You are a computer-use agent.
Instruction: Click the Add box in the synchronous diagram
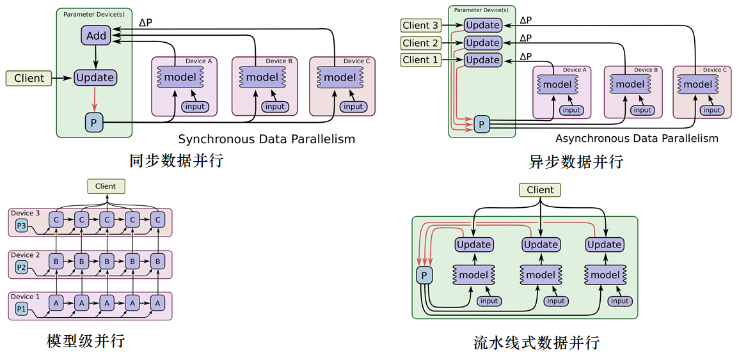[96, 36]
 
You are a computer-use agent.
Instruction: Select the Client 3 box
[420, 26]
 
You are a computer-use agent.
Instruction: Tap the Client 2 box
[420, 43]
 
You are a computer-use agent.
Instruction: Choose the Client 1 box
[420, 60]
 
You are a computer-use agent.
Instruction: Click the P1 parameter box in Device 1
[22, 309]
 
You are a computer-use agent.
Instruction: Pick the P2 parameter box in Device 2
[22, 267]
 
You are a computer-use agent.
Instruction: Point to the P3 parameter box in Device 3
[22, 225]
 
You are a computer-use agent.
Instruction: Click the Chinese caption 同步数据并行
[176, 160]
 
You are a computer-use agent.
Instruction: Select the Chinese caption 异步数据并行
[576, 161]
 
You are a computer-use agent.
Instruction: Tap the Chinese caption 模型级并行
[86, 341]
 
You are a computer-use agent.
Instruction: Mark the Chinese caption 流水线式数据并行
[536, 342]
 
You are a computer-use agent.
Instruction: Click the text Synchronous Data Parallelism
[266, 139]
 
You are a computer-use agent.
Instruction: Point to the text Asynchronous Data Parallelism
[637, 138]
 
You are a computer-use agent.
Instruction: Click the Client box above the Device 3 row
[106, 186]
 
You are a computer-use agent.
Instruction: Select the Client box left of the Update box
[29, 78]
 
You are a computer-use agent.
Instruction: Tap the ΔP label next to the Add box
[145, 24]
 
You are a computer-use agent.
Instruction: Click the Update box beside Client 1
[482, 60]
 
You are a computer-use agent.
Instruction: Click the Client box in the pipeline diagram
[540, 190]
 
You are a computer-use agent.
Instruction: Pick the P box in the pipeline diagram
[424, 275]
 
